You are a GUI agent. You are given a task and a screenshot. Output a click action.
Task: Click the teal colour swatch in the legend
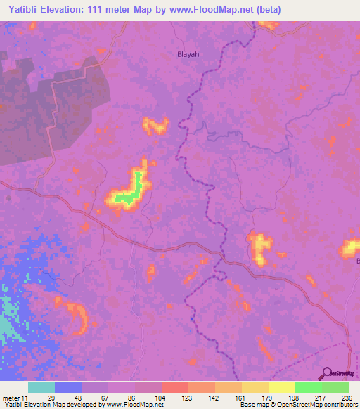(41, 387)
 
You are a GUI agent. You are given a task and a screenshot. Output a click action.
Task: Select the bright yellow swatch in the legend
(282, 387)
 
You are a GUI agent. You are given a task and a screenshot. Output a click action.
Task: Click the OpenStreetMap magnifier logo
(326, 373)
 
